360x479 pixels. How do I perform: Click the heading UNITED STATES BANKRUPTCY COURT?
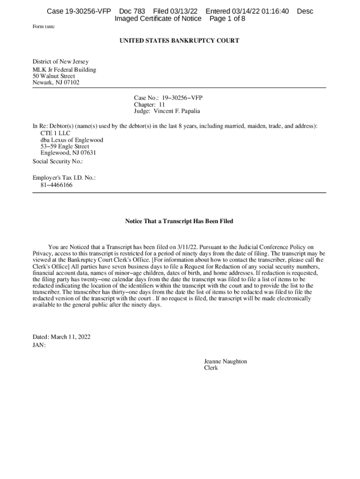tap(180, 41)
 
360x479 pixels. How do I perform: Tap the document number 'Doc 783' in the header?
tap(132, 11)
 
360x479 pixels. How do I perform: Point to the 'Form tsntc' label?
tap(43, 27)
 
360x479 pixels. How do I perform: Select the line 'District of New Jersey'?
tap(60, 62)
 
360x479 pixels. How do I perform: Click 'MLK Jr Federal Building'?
tap(64, 70)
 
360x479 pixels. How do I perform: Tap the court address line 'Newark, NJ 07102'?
tap(56, 83)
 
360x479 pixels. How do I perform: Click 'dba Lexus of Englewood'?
tap(72, 140)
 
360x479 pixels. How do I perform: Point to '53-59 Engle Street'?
tap(65, 146)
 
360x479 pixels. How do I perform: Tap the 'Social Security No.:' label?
tap(58, 161)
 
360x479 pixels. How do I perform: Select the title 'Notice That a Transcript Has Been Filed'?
tap(179, 221)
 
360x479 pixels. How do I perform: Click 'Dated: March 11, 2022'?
tap(61, 337)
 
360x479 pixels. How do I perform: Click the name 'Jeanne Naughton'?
tap(225, 361)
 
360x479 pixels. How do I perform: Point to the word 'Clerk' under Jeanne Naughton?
tap(211, 368)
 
